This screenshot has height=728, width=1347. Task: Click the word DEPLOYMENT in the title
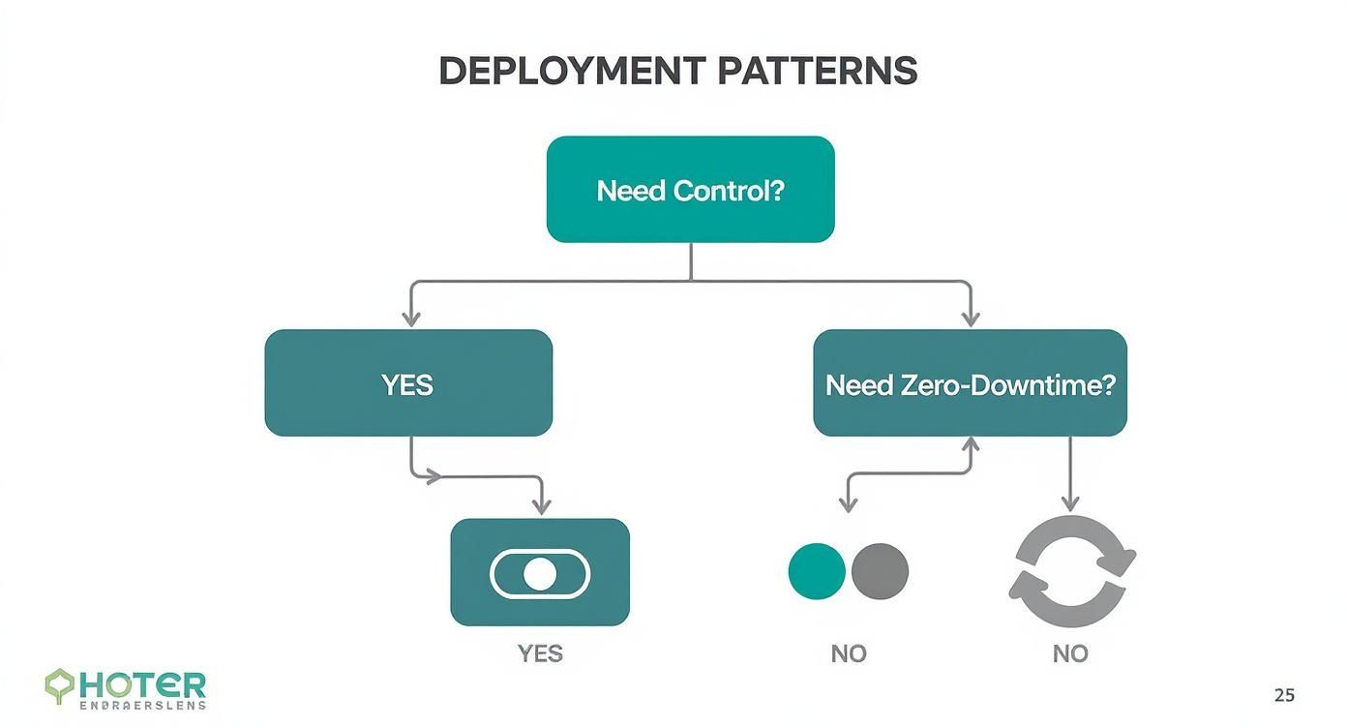[572, 72]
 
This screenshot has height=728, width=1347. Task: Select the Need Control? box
[690, 190]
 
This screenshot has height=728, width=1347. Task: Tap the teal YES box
[407, 383]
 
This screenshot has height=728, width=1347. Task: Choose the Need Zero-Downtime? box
[970, 383]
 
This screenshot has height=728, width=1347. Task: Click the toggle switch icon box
[540, 572]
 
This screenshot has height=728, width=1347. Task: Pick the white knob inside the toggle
[539, 574]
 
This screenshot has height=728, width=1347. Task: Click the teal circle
[817, 571]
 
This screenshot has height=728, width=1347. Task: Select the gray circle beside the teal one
[880, 571]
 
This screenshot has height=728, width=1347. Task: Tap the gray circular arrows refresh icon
[1071, 571]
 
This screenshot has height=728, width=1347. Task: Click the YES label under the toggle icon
[539, 654]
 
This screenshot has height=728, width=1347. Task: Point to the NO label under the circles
[848, 654]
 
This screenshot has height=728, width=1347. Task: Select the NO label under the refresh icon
[1070, 654]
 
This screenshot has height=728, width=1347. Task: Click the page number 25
[1283, 695]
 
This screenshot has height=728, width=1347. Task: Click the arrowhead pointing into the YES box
[411, 318]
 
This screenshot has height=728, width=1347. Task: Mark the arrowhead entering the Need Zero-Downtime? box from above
[971, 318]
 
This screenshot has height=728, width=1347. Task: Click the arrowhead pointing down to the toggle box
[542, 506]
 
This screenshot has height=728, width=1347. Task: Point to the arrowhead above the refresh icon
[1069, 503]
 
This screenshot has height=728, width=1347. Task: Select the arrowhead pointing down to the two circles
[848, 504]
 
